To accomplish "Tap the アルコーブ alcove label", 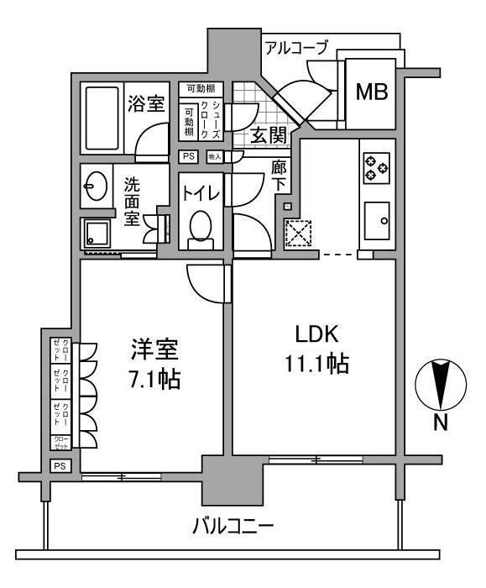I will coord(295,47).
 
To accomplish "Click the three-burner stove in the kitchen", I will coord(375,168).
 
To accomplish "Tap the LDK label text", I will coord(316,335).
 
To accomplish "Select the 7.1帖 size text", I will coord(154,379).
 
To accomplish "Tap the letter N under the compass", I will coord(440,423).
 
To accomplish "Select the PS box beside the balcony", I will coord(60,466).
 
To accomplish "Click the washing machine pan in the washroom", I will coord(98,233).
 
